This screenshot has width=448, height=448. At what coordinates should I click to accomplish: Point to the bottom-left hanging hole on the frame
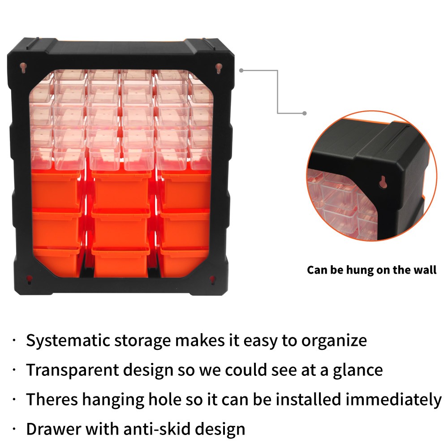pos(29,279)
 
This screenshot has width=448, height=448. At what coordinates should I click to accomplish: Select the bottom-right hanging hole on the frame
pos(212,279)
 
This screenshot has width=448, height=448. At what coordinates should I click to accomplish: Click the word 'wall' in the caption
pos(423,270)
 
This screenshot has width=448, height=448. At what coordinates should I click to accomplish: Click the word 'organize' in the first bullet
pos(334,340)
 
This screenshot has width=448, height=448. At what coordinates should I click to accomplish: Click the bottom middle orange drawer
pos(121,262)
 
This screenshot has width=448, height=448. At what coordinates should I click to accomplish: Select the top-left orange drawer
pos(57,190)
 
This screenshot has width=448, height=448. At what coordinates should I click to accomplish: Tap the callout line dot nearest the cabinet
pos(241,70)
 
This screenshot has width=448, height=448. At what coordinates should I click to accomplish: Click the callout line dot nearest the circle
pos(304,113)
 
